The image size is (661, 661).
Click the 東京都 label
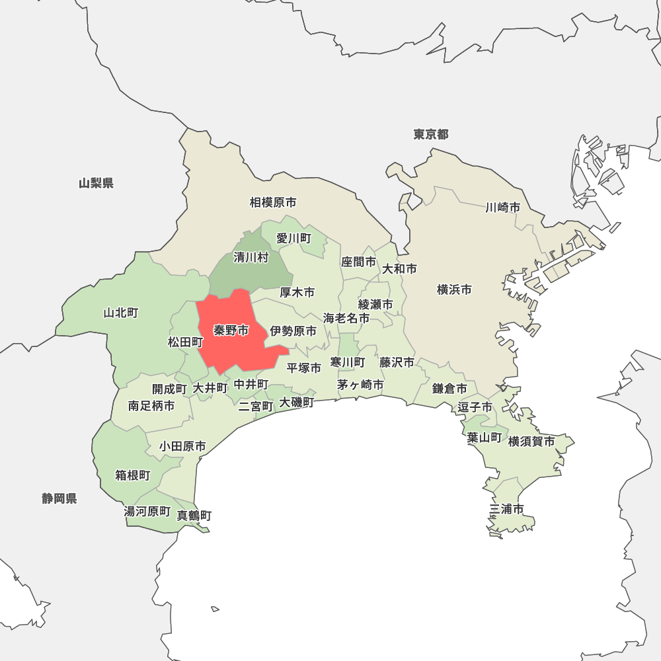(x=431, y=135)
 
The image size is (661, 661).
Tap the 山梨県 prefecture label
(x=96, y=184)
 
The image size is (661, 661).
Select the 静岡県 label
(x=59, y=499)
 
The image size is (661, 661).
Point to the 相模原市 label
(x=273, y=202)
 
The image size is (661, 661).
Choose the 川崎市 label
(x=502, y=208)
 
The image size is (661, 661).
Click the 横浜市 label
(x=455, y=290)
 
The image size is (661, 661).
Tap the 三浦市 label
(x=507, y=509)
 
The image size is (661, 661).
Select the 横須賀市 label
(x=531, y=442)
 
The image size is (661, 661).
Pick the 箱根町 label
(x=133, y=476)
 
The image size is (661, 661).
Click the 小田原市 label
(x=182, y=447)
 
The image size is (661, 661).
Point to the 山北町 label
(x=121, y=313)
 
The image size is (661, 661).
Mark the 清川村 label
(x=251, y=258)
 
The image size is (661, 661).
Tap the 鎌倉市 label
(x=450, y=389)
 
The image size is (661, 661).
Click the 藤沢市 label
(x=397, y=362)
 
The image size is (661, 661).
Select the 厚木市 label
(x=297, y=292)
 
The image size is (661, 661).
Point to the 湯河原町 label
(x=147, y=512)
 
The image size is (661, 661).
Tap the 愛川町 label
(x=293, y=238)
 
